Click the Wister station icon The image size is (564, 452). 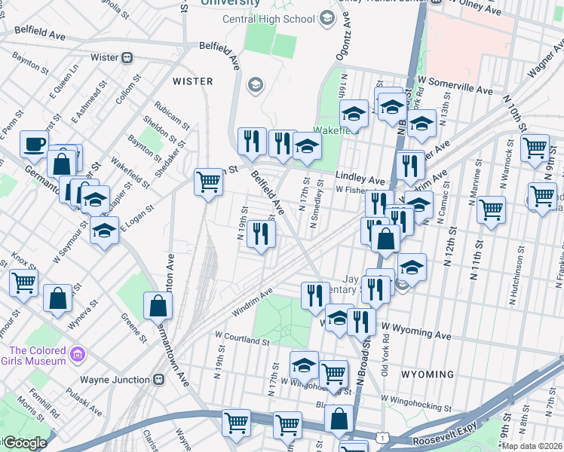(127, 57)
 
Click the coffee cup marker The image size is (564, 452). (34, 145)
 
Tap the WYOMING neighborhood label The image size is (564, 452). (427, 374)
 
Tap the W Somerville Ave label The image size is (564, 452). (456, 90)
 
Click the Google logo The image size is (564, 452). (25, 443)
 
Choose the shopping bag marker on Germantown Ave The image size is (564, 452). (158, 306)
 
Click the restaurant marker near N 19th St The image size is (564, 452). (261, 234)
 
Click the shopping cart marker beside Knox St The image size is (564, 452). (23, 283)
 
